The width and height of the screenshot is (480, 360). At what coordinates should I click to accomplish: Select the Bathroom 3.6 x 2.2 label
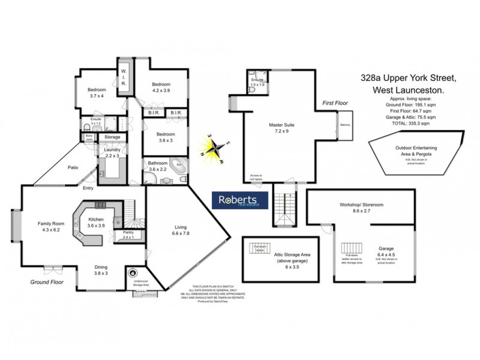158,166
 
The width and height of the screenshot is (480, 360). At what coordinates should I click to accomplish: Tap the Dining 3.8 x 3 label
101,271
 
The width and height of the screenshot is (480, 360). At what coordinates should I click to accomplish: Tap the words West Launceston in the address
408,89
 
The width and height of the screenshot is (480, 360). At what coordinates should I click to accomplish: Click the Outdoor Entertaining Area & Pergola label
416,151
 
